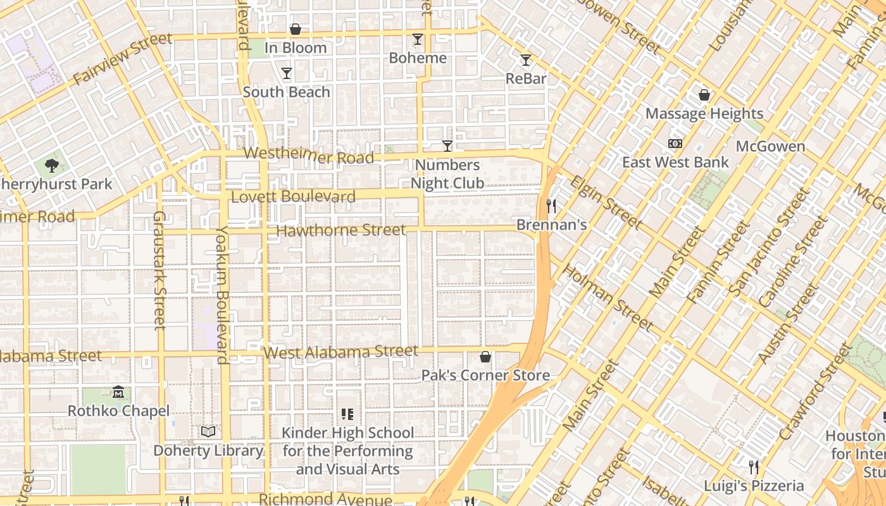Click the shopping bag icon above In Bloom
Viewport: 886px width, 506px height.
tap(295, 29)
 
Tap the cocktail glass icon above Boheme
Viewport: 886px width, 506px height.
tap(417, 39)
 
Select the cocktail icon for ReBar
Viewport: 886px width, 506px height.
tap(525, 60)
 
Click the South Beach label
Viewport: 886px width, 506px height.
tap(287, 92)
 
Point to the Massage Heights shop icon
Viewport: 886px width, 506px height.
tap(704, 95)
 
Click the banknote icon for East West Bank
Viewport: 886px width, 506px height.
tap(675, 144)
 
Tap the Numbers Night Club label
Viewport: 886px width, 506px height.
tap(447, 175)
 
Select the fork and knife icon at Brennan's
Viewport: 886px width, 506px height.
tap(551, 206)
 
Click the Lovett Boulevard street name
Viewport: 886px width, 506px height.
tap(293, 197)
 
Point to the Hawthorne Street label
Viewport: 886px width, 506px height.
tap(341, 230)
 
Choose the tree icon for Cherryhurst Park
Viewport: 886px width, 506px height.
tap(52, 166)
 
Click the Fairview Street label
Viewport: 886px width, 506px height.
tap(123, 59)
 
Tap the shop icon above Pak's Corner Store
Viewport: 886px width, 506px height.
tap(485, 357)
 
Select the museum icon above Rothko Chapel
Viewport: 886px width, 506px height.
tap(118, 392)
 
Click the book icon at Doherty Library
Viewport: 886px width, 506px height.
tap(208, 431)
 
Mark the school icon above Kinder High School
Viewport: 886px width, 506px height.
tap(347, 414)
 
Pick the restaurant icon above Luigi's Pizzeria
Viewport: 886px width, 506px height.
tap(753, 467)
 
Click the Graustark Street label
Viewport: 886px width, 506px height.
tap(159, 270)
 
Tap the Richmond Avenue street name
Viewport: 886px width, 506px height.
tap(325, 499)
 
